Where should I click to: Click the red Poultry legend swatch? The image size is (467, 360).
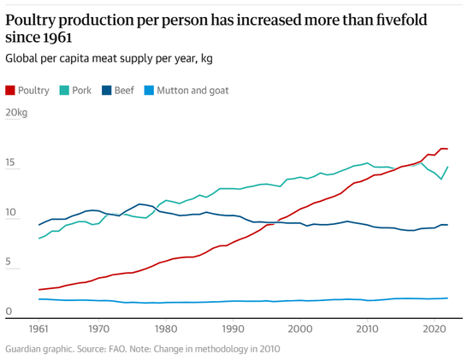pos(10,91)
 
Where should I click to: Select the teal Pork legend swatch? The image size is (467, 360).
pos(64,91)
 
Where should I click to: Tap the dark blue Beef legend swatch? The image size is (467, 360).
pos(106,91)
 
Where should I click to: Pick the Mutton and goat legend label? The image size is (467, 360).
pos(192,91)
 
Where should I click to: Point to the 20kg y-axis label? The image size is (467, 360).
pos(16,113)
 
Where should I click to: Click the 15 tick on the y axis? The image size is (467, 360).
pos(9,162)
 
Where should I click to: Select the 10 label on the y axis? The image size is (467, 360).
pos(10,212)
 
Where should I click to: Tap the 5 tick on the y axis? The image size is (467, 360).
pos(8,262)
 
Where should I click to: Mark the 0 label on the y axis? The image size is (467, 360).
pos(9,311)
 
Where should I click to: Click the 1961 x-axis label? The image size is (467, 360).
pos(38,329)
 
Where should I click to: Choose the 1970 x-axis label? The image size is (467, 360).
pos(98,329)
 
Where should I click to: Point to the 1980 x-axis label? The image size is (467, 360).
pos(165,329)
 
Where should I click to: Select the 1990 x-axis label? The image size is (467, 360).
pos(233,329)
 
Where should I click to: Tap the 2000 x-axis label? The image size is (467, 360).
pos(300,329)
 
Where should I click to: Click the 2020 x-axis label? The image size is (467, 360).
pos(434,329)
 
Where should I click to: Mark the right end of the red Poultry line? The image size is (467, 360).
pos(447,149)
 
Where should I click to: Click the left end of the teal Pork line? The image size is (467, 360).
pos(38,239)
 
